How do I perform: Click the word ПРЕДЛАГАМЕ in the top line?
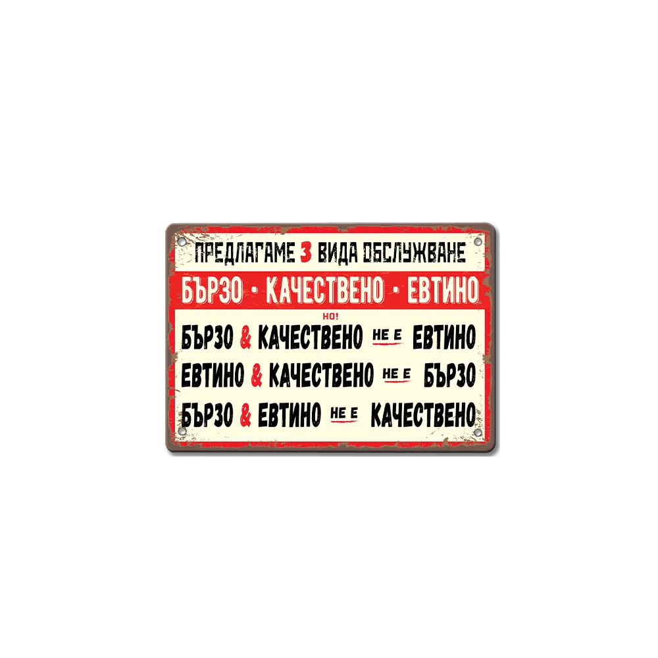coord(245,253)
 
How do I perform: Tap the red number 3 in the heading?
coord(306,253)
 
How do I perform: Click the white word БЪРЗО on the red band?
coord(213,290)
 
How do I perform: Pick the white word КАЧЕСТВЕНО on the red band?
coord(325,290)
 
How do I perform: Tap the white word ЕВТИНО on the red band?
coord(442,290)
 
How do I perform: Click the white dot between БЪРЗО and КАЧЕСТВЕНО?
coord(255,290)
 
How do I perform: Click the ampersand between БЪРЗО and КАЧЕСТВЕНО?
coord(245,337)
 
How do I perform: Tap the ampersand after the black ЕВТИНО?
coord(257,375)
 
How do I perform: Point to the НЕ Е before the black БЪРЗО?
coord(397,374)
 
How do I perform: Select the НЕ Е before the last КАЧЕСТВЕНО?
coord(344,413)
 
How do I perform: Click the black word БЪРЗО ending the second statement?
coord(450,375)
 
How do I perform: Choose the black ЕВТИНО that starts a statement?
coord(213,375)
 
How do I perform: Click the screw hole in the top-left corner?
coord(182,242)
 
